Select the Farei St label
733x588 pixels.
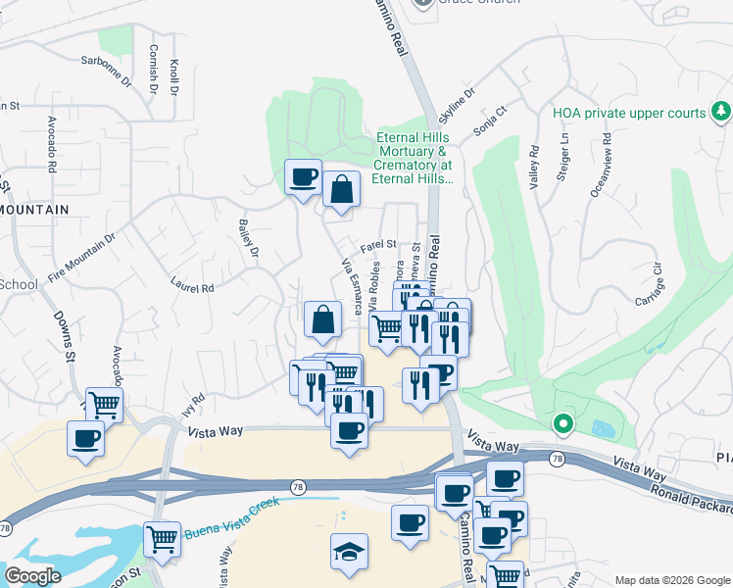pyautogui.click(x=377, y=245)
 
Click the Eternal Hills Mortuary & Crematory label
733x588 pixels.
pyautogui.click(x=414, y=158)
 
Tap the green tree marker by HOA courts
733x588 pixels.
pyautogui.click(x=721, y=111)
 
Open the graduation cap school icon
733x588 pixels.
pyautogui.click(x=348, y=552)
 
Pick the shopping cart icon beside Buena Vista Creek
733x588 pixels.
pyautogui.click(x=163, y=538)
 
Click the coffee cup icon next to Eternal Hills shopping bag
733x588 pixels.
pyautogui.click(x=303, y=178)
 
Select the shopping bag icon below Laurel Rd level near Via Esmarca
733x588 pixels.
pyautogui.click(x=322, y=318)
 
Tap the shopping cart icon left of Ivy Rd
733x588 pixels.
pyautogui.click(x=104, y=404)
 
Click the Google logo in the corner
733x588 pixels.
pyautogui.click(x=32, y=576)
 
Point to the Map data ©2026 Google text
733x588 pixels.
pyautogui.click(x=671, y=580)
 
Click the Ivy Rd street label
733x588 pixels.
pyautogui.click(x=193, y=403)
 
